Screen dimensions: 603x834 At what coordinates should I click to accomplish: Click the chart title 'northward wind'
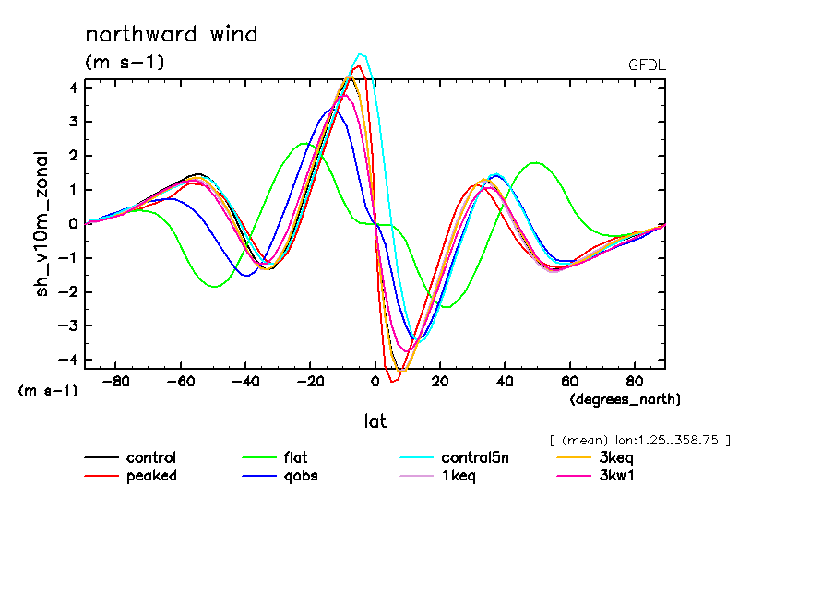[171, 35]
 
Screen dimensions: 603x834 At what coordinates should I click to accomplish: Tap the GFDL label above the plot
[646, 65]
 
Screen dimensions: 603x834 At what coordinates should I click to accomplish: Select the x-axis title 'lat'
[375, 421]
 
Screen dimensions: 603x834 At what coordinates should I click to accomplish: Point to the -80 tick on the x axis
[116, 380]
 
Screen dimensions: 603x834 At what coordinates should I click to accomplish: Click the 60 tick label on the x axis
[570, 380]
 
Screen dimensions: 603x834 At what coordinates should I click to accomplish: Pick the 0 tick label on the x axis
[375, 380]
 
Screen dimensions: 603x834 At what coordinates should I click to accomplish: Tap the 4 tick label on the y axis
[74, 88]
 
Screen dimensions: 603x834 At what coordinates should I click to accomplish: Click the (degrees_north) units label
[625, 398]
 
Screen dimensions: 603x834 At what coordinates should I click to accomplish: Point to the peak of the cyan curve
[361, 53]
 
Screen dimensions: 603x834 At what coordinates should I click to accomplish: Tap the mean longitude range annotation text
[639, 439]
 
